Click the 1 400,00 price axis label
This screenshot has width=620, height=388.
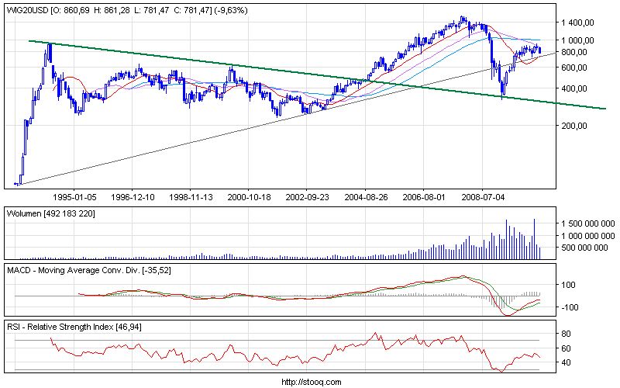coord(577,23)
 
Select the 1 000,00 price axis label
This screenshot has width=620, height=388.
coord(577,40)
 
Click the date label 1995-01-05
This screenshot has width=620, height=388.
coord(74,198)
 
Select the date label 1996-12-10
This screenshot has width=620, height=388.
coord(133,198)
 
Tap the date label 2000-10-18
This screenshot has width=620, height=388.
coord(249,198)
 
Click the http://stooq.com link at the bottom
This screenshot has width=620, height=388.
coord(309,382)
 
